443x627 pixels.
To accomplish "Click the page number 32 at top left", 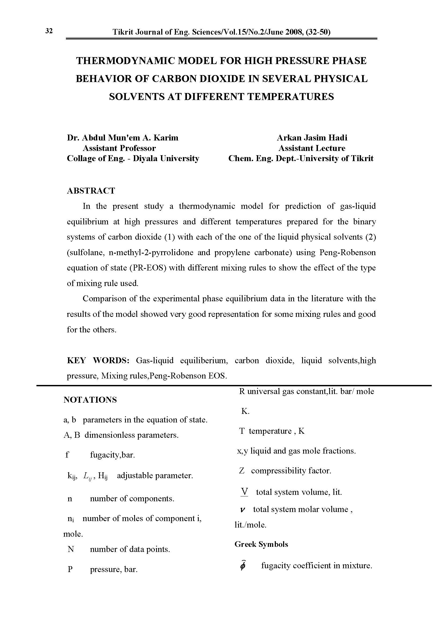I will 49,31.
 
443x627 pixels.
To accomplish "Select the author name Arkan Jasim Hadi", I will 312,137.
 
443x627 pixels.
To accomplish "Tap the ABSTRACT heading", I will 91,190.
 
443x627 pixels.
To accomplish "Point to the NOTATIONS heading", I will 90,400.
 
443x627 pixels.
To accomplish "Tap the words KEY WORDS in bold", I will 98,360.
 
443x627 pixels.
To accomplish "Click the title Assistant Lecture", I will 312,148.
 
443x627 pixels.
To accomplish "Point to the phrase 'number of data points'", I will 130,549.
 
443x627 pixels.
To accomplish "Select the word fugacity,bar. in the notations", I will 112,455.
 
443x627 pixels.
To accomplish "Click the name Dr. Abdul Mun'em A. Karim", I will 122,137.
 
